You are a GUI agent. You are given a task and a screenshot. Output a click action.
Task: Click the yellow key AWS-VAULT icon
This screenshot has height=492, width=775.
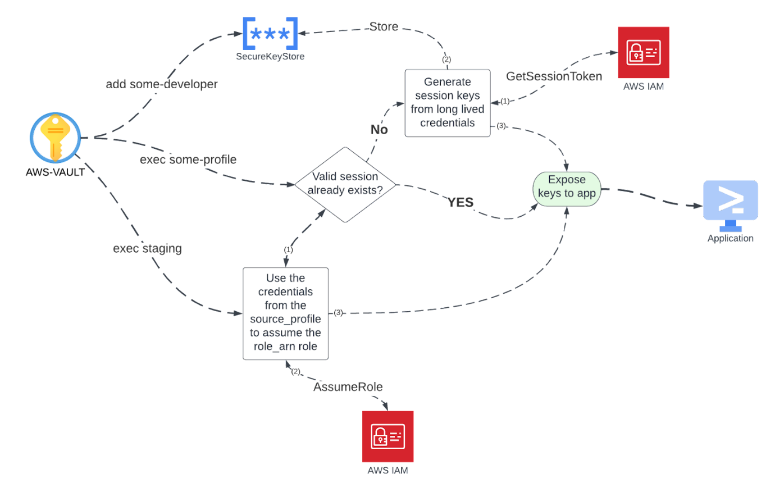56,138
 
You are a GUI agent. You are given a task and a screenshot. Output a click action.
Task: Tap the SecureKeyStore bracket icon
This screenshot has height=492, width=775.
270,34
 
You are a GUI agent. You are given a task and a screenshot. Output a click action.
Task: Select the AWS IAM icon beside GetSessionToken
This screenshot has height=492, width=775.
644,52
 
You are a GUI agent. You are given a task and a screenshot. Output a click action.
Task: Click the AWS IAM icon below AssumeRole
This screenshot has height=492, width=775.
388,436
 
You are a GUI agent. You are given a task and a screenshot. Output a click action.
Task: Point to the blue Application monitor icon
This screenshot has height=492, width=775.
731,206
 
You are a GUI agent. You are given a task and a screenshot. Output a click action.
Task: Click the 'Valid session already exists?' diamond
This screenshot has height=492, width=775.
345,184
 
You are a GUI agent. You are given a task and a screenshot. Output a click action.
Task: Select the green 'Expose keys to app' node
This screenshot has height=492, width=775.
567,189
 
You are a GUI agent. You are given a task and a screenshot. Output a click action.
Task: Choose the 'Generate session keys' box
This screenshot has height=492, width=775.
448,103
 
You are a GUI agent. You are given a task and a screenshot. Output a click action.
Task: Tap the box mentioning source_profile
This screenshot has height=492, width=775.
285,313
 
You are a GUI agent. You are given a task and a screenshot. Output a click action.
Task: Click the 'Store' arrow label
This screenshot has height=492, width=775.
384,26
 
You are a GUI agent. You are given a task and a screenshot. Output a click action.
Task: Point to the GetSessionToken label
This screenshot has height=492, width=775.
554,76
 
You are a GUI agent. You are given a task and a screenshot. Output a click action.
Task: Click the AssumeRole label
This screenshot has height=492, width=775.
348,386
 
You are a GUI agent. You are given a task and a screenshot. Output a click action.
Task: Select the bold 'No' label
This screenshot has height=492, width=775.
379,129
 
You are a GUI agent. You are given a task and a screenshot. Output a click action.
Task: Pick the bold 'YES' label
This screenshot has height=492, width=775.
461,202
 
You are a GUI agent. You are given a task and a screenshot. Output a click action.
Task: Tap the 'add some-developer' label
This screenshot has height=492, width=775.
162,84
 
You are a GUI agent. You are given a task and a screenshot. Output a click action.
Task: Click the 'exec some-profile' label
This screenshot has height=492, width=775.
188,160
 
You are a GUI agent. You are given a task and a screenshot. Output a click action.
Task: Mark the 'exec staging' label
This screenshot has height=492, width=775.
147,248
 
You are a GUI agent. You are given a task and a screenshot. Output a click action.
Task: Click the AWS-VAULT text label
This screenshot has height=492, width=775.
56,172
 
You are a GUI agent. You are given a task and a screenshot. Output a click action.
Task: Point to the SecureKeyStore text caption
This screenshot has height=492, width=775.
270,56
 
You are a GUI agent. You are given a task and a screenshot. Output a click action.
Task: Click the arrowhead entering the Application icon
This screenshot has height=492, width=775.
699,206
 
